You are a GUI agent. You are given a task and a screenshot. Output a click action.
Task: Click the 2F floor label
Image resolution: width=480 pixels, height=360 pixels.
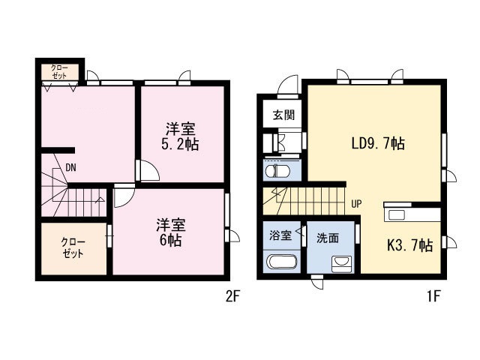[x=232, y=296]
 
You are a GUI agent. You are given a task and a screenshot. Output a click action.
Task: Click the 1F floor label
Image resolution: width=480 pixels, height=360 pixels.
[x=433, y=296]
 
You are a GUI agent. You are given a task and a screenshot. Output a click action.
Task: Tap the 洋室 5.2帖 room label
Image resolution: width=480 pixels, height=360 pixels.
[x=180, y=136]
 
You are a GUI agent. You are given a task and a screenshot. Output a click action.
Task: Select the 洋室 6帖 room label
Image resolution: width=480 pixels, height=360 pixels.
[x=171, y=232]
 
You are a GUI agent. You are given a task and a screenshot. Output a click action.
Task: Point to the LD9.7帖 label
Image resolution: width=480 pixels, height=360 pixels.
[x=378, y=143]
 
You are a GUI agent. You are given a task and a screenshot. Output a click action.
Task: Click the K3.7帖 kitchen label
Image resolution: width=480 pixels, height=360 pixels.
[x=410, y=245]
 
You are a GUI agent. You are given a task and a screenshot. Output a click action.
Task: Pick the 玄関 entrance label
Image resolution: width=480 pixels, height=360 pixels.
[x=283, y=115]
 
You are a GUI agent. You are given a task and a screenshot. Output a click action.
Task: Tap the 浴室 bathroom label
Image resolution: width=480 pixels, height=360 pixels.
[x=280, y=235]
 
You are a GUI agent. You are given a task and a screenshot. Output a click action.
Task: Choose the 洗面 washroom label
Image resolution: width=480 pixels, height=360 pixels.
[x=328, y=238]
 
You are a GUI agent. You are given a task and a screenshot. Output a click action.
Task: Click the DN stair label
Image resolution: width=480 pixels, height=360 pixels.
[x=70, y=167]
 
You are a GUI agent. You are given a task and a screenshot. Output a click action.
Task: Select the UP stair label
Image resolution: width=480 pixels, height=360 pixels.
[x=356, y=203]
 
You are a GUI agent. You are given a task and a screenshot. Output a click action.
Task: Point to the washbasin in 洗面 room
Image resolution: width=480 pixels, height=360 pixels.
[x=342, y=264]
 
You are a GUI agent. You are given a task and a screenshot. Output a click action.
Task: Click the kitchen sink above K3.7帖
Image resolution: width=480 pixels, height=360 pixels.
[x=397, y=215]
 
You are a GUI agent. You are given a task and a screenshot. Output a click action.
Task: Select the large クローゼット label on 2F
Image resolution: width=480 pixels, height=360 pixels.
[x=73, y=247]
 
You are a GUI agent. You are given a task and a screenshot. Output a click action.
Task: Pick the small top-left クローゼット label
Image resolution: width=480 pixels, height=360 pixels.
[x=60, y=72]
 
